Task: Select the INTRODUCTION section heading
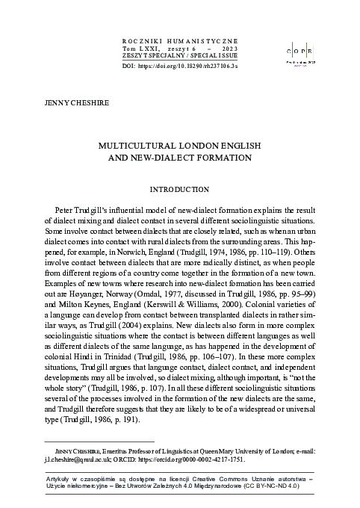tap(179, 190)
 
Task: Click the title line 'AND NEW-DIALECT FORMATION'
tap(179, 158)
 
